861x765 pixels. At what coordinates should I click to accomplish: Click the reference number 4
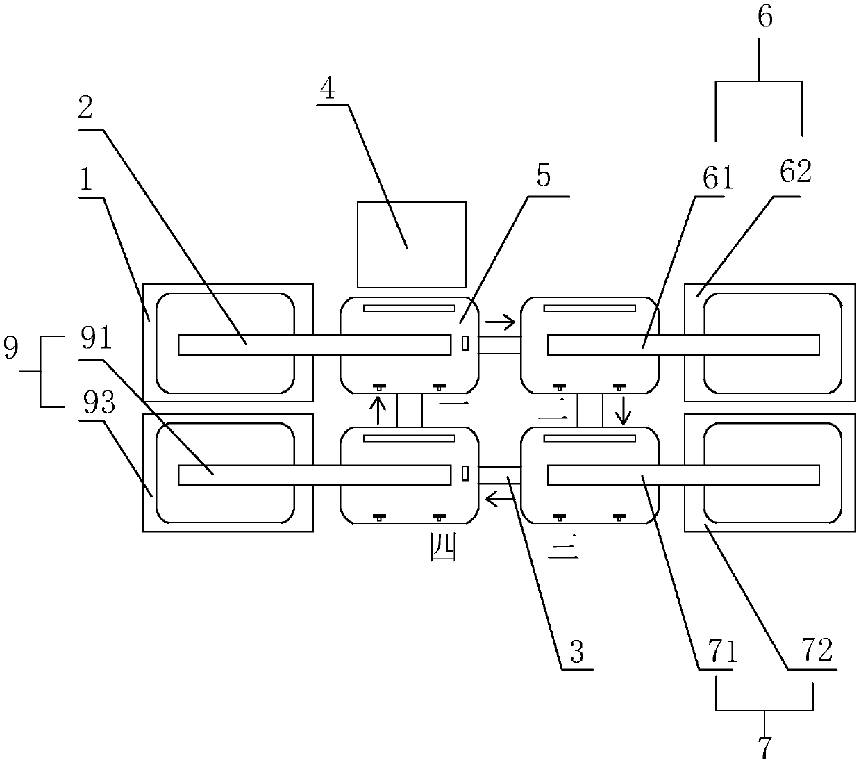[328, 90]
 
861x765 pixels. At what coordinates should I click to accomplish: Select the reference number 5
[543, 176]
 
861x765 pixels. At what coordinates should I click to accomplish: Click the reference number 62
[796, 172]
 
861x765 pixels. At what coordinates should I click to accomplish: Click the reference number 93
[99, 403]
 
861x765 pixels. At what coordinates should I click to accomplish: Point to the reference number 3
[576, 652]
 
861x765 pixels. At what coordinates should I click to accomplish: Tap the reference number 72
[816, 652]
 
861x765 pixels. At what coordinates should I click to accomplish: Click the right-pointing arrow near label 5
[500, 322]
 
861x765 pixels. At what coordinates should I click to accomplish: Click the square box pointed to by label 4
[411, 244]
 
